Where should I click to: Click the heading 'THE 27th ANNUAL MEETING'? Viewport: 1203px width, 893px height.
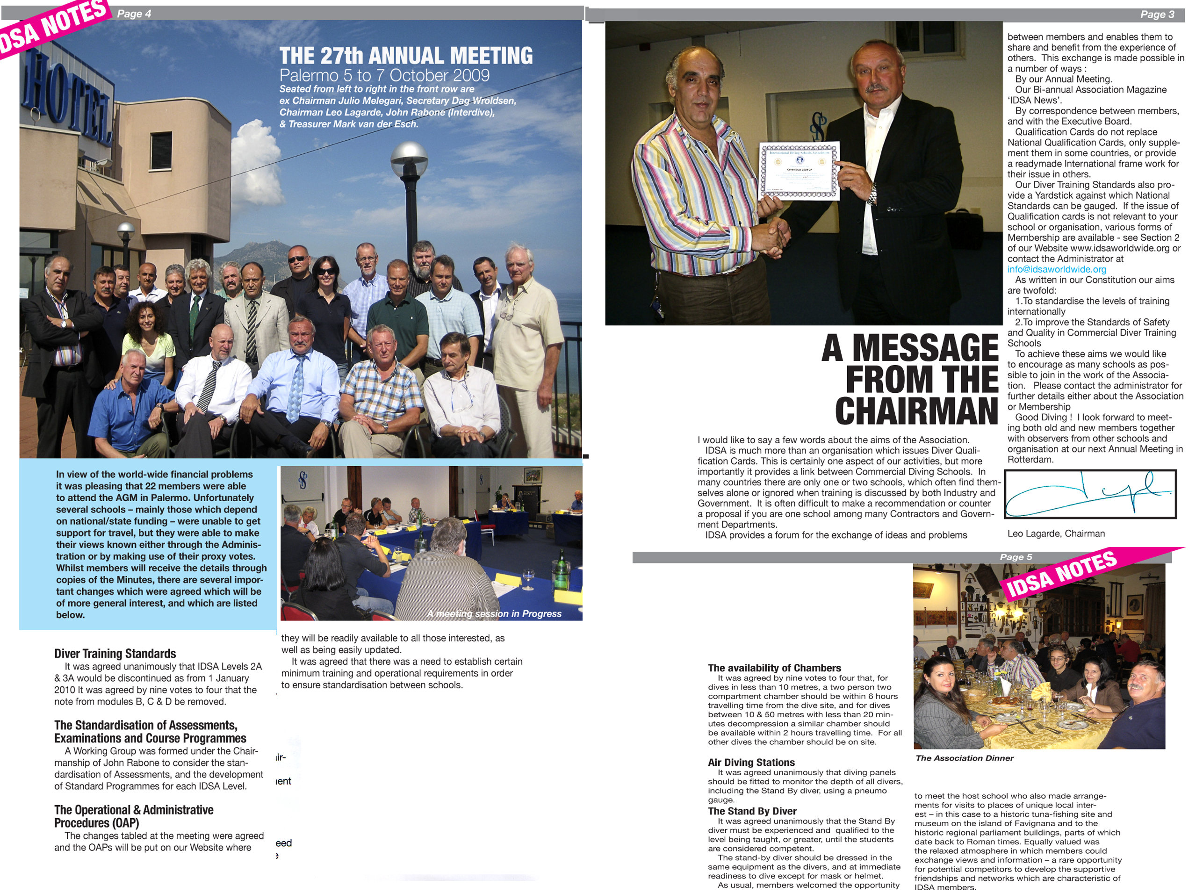[x=406, y=56]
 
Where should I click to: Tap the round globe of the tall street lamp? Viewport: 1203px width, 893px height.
[x=409, y=158]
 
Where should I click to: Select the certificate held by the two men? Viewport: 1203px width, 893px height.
[x=800, y=171]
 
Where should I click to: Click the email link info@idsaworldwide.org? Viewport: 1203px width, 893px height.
[x=1057, y=269]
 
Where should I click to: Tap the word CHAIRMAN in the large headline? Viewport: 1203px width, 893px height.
[x=916, y=412]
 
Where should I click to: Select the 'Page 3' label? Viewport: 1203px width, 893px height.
[x=1157, y=14]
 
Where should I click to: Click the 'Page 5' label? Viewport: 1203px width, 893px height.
[x=1016, y=557]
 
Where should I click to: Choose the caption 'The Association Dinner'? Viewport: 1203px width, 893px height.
[x=964, y=758]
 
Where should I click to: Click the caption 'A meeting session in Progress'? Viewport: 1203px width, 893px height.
[x=494, y=613]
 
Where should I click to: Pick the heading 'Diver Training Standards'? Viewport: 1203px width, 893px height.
[x=115, y=654]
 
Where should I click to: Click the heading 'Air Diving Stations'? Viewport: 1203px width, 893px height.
[x=751, y=762]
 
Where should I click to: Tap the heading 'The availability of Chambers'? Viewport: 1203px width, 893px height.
[x=774, y=668]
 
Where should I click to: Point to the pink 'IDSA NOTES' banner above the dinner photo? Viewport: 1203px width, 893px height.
[x=1061, y=575]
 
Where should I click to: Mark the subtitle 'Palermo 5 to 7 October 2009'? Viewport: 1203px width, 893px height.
[x=384, y=75]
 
